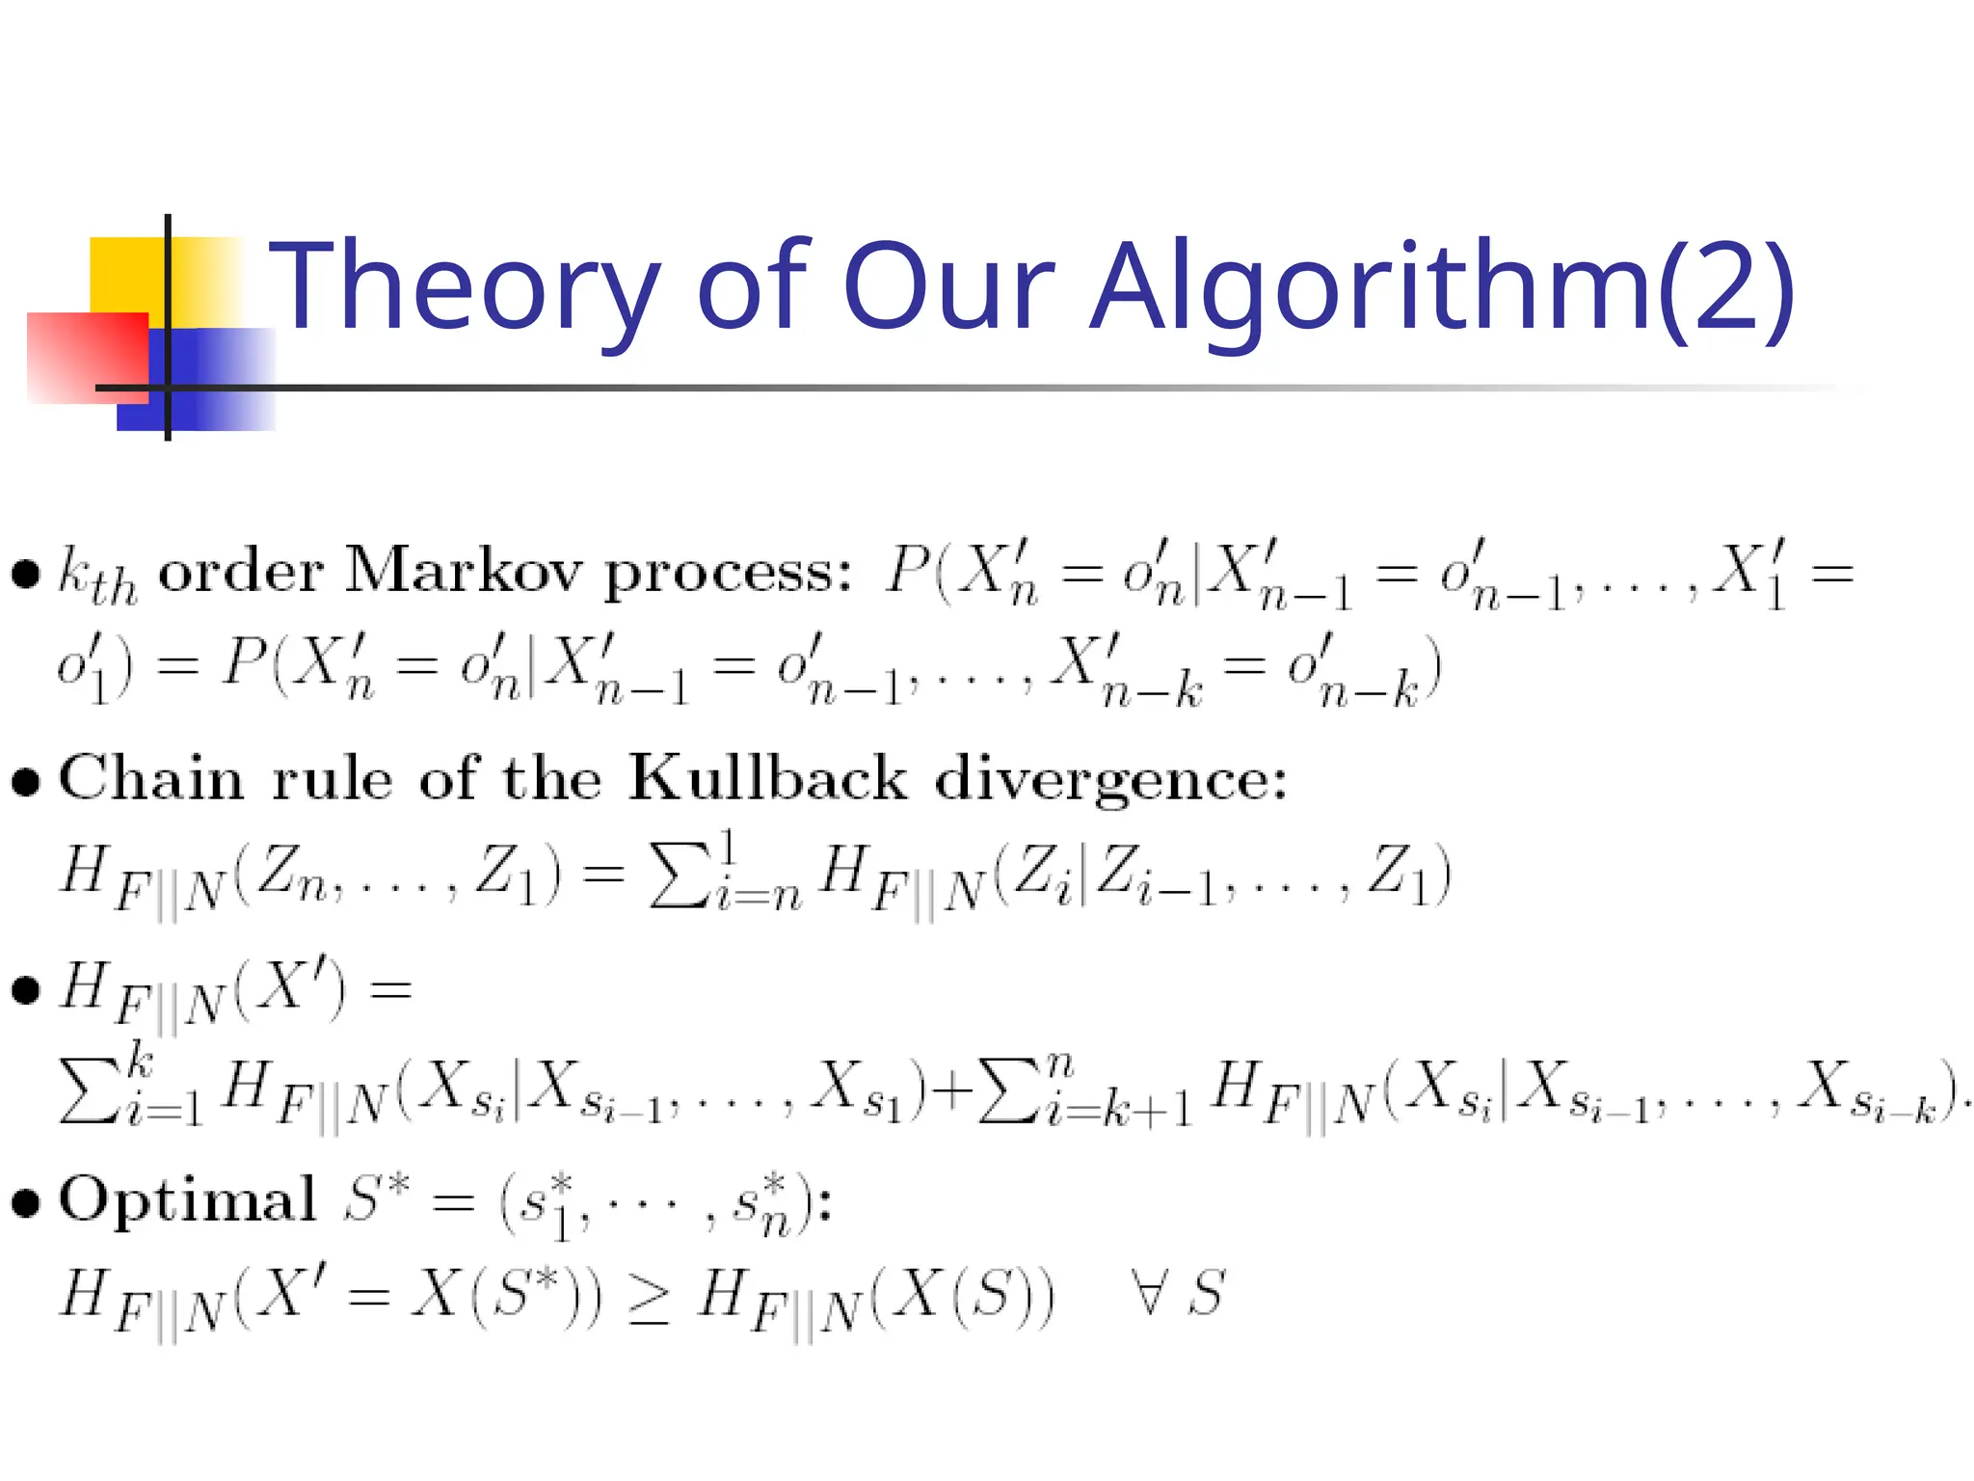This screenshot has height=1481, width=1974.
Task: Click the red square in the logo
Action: [x=87, y=357]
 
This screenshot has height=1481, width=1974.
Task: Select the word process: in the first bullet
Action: [x=728, y=575]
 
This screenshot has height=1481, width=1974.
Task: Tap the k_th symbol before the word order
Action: [x=96, y=575]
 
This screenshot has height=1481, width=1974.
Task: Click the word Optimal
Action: [x=187, y=1200]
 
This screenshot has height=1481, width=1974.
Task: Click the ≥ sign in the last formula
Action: [x=649, y=1297]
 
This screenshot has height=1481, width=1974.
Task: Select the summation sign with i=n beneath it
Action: [x=678, y=875]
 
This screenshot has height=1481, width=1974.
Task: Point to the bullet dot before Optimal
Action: [x=26, y=1202]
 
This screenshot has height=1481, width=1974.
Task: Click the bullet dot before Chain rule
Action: [x=26, y=781]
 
